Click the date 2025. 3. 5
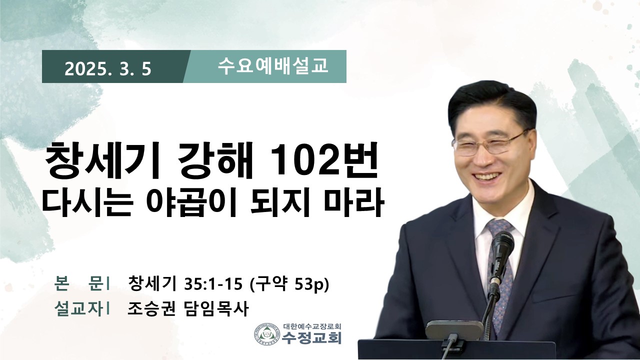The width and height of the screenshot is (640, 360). point(107,69)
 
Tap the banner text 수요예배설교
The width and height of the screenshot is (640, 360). point(273,66)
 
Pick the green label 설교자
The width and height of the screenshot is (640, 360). point(78,308)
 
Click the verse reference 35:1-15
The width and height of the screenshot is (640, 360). point(213,284)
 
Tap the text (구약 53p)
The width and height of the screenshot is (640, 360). point(289,284)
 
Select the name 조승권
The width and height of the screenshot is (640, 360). point(151,308)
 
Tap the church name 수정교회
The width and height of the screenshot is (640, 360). point(311,338)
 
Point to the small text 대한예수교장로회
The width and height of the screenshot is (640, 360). point(312,326)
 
